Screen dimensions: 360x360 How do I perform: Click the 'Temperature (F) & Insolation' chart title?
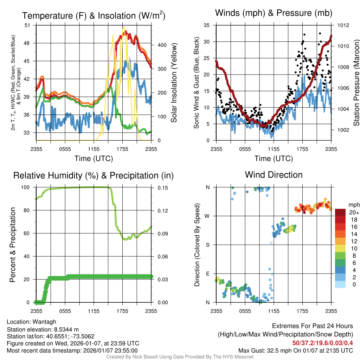pyautogui.click(x=94, y=15)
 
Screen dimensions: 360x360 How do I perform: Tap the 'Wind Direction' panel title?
pyautogui.click(x=274, y=175)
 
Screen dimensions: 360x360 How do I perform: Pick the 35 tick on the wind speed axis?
pyautogui.click(x=206, y=25)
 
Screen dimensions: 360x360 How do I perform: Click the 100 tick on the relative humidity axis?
pyautogui.click(x=26, y=187)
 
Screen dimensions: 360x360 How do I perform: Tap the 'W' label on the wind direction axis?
pyautogui.click(x=207, y=216)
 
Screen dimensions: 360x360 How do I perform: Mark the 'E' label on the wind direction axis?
pyautogui.click(x=208, y=274)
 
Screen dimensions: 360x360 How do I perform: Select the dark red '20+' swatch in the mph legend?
pyautogui.click(x=341, y=212)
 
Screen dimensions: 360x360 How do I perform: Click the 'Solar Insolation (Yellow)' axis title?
pyautogui.click(x=174, y=83)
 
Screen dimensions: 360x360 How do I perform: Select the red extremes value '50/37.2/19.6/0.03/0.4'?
pyautogui.click(x=322, y=342)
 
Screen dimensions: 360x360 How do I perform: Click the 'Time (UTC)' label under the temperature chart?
pyautogui.click(x=94, y=159)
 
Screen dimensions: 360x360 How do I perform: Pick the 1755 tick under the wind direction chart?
pyautogui.click(x=302, y=311)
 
